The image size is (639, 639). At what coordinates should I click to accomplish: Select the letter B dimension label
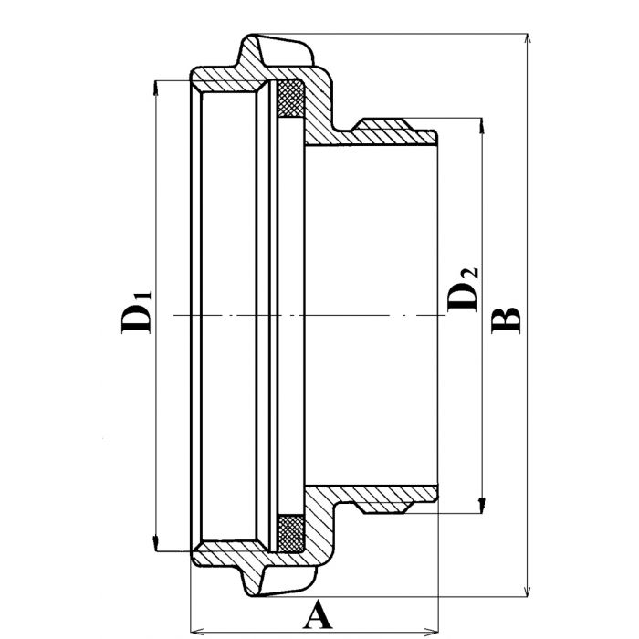507,319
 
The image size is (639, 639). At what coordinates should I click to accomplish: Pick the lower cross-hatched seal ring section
290,534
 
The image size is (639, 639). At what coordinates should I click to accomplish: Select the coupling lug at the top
278,51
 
